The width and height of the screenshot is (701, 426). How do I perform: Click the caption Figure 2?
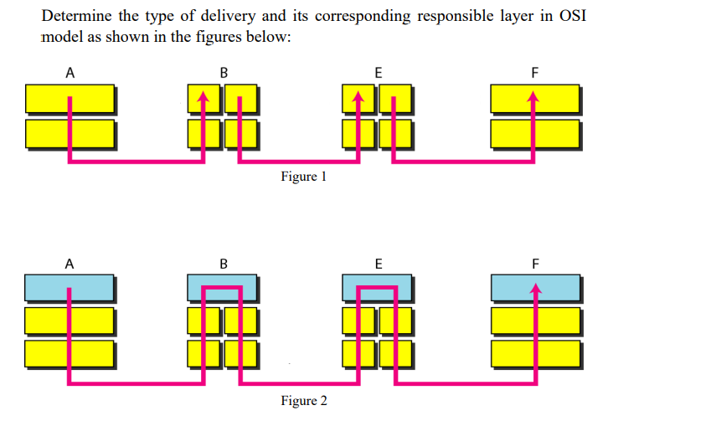pos(304,401)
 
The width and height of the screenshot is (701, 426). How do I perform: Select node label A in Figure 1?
pos(70,73)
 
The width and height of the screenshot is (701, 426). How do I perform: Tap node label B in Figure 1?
pos(223,73)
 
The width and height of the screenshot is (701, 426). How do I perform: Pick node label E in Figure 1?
pos(378,73)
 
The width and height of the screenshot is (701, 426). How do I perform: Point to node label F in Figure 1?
pos(535,73)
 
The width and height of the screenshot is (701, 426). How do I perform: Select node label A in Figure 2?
pos(70,264)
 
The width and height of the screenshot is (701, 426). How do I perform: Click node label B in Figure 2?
pos(223,264)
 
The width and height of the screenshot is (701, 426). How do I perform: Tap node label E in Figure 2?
pos(378,264)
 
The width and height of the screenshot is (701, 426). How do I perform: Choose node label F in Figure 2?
pos(535,264)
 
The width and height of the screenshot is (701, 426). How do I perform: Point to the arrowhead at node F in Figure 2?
pos(536,288)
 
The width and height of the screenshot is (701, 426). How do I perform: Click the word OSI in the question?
pos(570,18)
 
